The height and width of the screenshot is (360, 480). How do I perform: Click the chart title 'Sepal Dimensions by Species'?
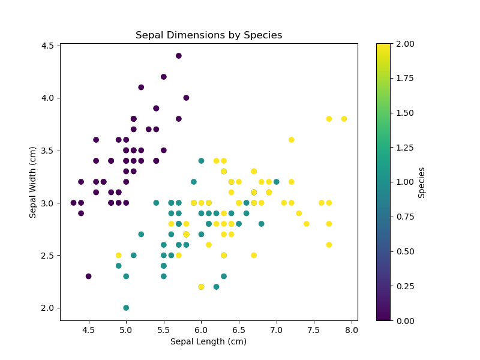click(x=209, y=35)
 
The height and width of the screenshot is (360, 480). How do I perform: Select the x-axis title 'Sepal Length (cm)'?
click(x=208, y=341)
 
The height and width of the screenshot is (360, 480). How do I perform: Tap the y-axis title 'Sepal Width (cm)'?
click(x=33, y=182)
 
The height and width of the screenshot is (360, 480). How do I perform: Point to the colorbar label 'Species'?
click(x=422, y=182)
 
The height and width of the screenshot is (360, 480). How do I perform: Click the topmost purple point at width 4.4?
click(x=179, y=56)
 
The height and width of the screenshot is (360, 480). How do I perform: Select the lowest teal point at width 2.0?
click(x=126, y=308)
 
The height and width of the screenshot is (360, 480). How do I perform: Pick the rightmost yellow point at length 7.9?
click(x=344, y=119)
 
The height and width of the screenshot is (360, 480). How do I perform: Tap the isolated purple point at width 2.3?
click(x=89, y=276)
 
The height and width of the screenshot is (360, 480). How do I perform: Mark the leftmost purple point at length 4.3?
click(x=74, y=203)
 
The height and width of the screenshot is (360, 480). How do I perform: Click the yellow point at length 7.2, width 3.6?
click(x=291, y=140)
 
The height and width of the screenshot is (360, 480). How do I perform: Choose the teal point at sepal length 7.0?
click(x=276, y=182)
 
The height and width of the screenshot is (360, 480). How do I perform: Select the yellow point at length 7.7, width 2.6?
click(x=329, y=245)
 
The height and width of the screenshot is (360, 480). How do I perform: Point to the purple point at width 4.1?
click(x=141, y=87)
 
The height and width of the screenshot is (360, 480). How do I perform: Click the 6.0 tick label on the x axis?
click(x=201, y=329)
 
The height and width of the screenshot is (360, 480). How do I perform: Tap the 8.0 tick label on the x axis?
click(x=351, y=329)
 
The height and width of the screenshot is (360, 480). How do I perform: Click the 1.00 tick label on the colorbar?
click(x=403, y=182)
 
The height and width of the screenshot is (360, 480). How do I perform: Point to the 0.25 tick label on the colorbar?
click(x=403, y=286)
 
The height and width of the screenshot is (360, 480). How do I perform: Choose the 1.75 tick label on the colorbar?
click(x=403, y=78)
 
